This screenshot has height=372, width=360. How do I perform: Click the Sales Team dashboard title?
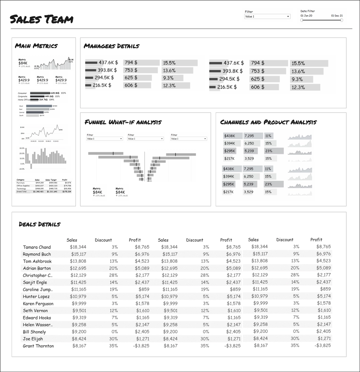click(41, 19)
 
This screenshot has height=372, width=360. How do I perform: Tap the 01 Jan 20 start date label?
click(306, 16)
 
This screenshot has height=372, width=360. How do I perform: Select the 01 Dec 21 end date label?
click(337, 16)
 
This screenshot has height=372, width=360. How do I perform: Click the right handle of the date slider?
click(341, 20)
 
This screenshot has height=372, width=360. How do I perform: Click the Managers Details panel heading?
click(112, 46)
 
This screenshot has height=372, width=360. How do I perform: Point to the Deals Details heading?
click(39, 224)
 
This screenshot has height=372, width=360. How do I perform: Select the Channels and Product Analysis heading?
click(268, 122)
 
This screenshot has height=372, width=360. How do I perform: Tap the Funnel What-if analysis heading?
click(123, 122)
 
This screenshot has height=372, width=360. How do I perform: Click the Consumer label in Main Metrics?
click(22, 93)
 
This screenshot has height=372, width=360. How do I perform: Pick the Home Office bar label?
click(24, 100)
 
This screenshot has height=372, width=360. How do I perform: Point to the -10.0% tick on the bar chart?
click(22, 169)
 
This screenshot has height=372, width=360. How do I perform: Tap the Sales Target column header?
click(52, 180)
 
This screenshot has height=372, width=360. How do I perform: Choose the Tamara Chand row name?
click(37, 247)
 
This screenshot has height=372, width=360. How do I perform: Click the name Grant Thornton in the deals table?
click(38, 346)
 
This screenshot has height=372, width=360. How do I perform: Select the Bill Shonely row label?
click(35, 332)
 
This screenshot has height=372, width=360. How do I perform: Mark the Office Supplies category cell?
click(23, 186)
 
